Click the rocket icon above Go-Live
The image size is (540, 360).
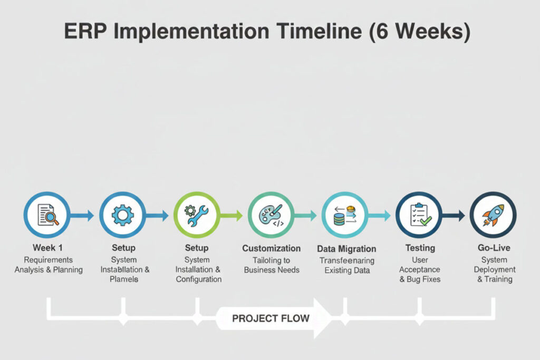point(493,215)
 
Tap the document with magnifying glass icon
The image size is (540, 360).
point(47,215)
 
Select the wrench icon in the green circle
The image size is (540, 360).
point(196,215)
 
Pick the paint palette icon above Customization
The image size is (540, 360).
point(271,215)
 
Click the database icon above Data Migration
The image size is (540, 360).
point(345,215)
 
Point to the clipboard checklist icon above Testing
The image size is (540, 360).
point(419,215)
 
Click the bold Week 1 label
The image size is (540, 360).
point(48,247)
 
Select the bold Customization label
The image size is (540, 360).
point(271,248)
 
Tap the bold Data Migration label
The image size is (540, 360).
point(346,249)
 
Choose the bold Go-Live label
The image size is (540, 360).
point(494,247)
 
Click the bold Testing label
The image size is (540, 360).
point(420,247)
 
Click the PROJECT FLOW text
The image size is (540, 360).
point(271,318)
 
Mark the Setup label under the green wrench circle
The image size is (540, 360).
point(197,248)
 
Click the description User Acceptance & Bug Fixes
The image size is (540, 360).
point(420,269)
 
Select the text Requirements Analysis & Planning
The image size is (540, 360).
point(49,265)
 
